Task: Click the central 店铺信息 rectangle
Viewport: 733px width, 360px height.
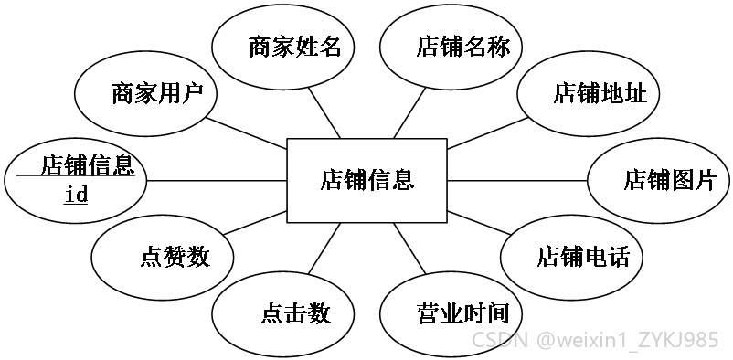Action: pyautogui.click(x=367, y=181)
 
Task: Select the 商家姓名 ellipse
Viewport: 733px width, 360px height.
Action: pyautogui.click(x=282, y=48)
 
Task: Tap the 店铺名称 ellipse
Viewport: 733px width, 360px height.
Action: pyautogui.click(x=451, y=48)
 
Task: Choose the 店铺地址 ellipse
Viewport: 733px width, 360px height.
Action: pyautogui.click(x=588, y=93)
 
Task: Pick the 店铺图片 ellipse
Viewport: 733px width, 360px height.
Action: pyautogui.click(x=659, y=181)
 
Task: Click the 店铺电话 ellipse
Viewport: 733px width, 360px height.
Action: pyautogui.click(x=571, y=257)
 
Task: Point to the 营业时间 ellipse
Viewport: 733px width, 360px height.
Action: pyautogui.click(x=451, y=313)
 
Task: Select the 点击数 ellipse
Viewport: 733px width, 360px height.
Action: pyautogui.click(x=282, y=313)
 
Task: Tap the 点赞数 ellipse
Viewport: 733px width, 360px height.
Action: pyautogui.click(x=162, y=257)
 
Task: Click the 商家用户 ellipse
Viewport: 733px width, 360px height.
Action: pyautogui.click(x=145, y=93)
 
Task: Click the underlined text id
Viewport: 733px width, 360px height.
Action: pyautogui.click(x=76, y=195)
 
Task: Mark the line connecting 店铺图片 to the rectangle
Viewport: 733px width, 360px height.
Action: pyautogui.click(x=517, y=181)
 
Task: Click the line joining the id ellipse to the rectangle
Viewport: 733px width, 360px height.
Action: pyautogui.click(x=217, y=181)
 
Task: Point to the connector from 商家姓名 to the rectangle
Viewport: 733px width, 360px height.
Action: pyautogui.click(x=324, y=112)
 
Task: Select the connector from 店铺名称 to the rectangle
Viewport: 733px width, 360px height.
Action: pyautogui.click(x=409, y=112)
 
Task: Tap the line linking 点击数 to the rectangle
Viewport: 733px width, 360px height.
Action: pyautogui.click(x=324, y=249)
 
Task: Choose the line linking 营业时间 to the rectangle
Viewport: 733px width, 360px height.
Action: pyautogui.click(x=409, y=249)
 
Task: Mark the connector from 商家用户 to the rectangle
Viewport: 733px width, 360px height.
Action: pyautogui.click(x=246, y=132)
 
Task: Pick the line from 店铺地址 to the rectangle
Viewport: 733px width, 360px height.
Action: pyautogui.click(x=487, y=132)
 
